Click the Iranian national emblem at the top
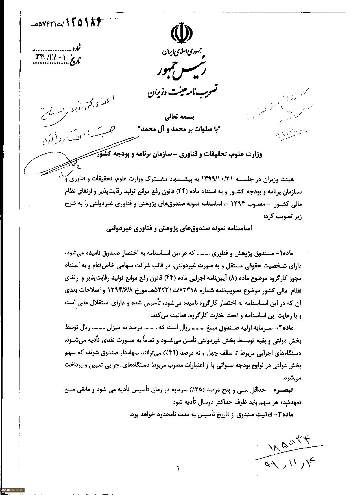click(182, 33)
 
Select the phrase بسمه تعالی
click(179, 116)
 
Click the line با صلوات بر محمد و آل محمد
click(178, 129)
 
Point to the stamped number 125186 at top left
click(84, 22)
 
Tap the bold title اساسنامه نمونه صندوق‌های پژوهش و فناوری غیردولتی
click(179, 228)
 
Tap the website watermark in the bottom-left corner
click(13, 490)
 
